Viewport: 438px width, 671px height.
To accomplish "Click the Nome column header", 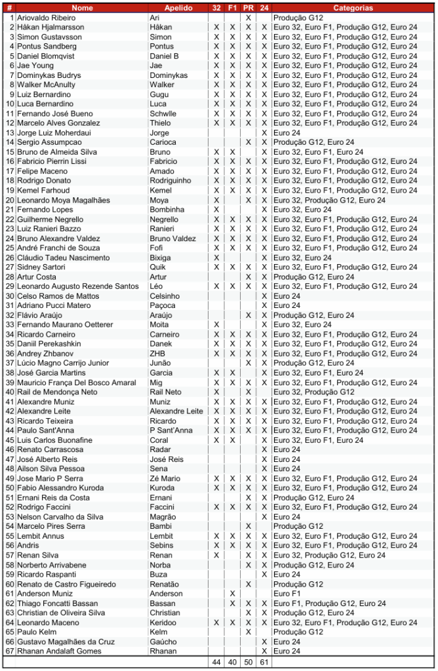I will [x=82, y=8].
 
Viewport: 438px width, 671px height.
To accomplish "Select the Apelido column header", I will [x=178, y=8].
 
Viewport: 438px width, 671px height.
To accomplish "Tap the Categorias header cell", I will [x=353, y=8].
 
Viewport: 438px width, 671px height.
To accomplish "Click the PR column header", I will [x=249, y=8].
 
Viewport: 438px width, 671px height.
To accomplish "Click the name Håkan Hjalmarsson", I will [x=50, y=28].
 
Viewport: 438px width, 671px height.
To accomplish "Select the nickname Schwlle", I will [x=163, y=113].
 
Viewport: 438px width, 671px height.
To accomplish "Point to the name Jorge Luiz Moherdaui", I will [x=54, y=133].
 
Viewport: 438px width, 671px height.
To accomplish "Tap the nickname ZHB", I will [x=157, y=354].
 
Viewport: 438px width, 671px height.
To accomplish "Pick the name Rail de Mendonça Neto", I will [x=57, y=392].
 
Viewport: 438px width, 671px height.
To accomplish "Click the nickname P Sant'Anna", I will [x=171, y=431].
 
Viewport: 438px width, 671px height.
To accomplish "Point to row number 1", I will [x=11, y=18].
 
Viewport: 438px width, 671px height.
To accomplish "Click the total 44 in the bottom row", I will [x=216, y=662].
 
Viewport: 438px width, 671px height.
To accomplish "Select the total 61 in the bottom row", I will [x=264, y=662].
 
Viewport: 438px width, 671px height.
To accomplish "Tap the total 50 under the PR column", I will [x=249, y=662].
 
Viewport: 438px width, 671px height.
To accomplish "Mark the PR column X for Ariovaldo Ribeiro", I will [x=249, y=18].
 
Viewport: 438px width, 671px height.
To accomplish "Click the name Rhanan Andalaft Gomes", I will [x=59, y=651].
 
